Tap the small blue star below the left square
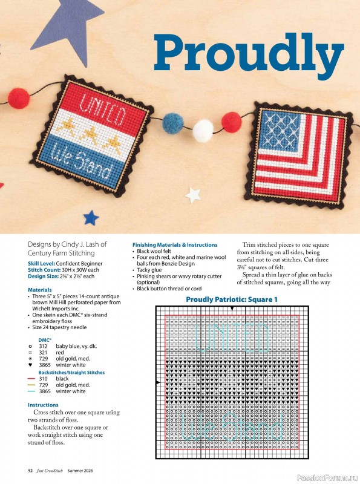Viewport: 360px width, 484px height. [91, 217]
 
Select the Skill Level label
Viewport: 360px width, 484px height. [44, 264]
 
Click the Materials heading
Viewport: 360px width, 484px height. [40, 290]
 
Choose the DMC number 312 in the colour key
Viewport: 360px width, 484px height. [43, 345]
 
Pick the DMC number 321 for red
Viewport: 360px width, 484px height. [43, 352]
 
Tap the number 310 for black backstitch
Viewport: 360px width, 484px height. [43, 379]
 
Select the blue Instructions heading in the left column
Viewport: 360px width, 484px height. [43, 405]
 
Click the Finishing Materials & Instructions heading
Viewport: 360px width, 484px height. [175, 245]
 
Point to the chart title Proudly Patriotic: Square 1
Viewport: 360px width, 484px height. [232, 299]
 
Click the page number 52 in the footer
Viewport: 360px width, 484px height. [30, 470]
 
